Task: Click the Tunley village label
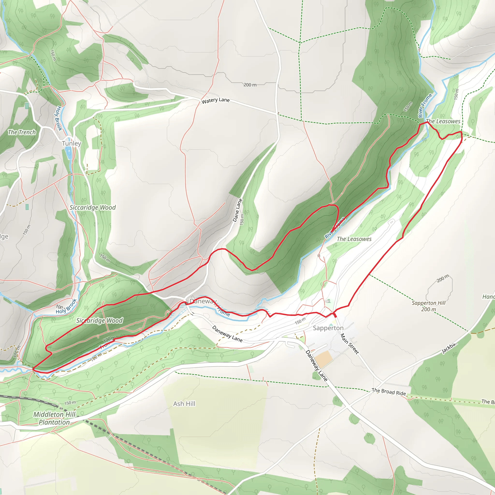point(72,144)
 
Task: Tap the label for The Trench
point(22,132)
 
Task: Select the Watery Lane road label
point(215,101)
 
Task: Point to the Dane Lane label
point(237,210)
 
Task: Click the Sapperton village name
point(328,328)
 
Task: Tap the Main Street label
point(349,344)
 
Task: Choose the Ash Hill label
point(184,404)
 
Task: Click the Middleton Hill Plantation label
point(54,418)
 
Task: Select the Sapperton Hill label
point(428,306)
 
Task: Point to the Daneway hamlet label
point(203,301)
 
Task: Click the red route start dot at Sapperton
point(335,316)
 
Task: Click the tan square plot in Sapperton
point(323,359)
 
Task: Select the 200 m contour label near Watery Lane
point(250,85)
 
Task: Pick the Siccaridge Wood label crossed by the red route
point(100,321)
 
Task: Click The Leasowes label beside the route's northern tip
point(443,121)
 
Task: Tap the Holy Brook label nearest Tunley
point(59,118)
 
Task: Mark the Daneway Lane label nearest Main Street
point(316,366)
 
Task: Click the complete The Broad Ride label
point(389,392)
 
